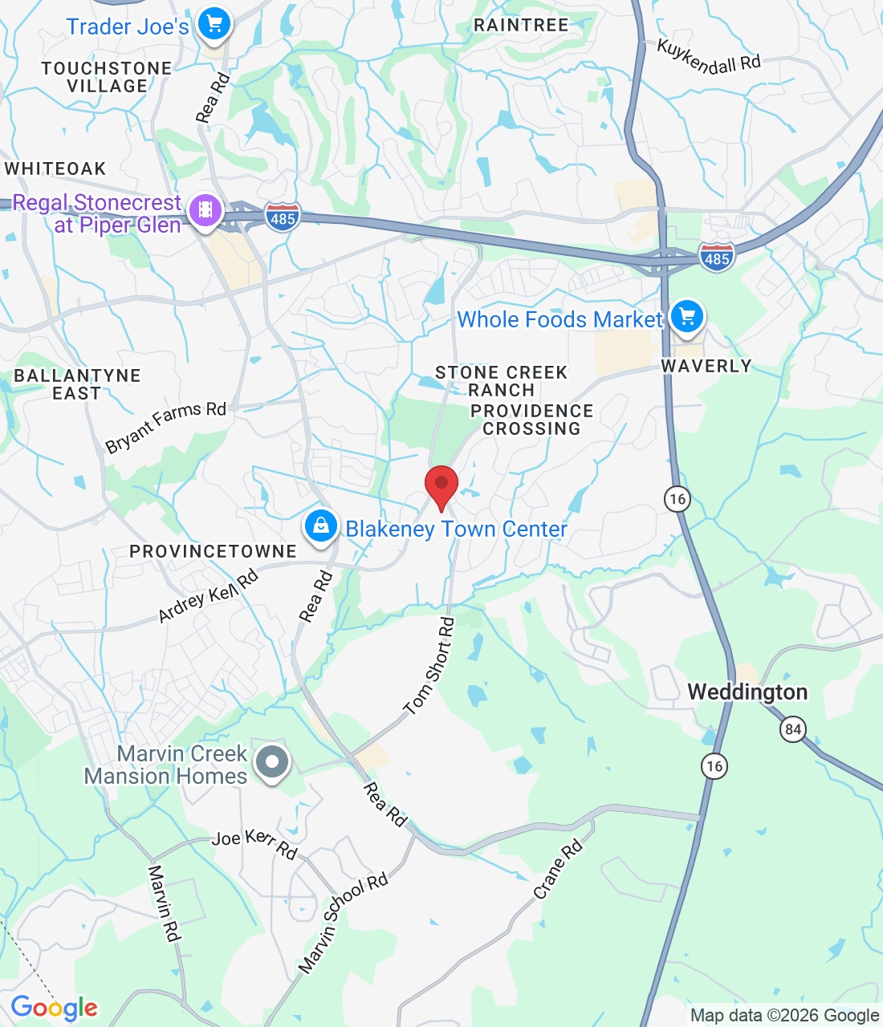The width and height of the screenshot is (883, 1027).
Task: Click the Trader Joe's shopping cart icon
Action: (214, 24)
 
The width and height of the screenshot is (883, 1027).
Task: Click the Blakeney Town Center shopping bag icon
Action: (320, 526)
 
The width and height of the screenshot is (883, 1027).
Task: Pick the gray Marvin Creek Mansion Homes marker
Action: (272, 761)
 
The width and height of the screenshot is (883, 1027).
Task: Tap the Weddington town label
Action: (747, 692)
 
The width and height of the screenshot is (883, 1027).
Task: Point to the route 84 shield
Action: (793, 729)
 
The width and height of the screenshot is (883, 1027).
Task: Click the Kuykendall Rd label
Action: (708, 57)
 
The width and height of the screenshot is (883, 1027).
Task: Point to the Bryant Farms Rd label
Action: (165, 426)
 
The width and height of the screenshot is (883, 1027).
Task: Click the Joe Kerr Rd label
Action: (254, 843)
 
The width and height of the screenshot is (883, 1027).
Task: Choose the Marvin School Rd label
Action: (343, 923)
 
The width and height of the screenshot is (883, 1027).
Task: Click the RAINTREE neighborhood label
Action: (521, 25)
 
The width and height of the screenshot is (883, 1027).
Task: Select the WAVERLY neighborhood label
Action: (706, 366)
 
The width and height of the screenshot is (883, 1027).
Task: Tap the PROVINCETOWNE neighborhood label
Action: (213, 551)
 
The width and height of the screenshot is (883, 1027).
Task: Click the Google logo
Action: (54, 1008)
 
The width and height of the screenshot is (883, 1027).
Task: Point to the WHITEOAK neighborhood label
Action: (55, 168)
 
